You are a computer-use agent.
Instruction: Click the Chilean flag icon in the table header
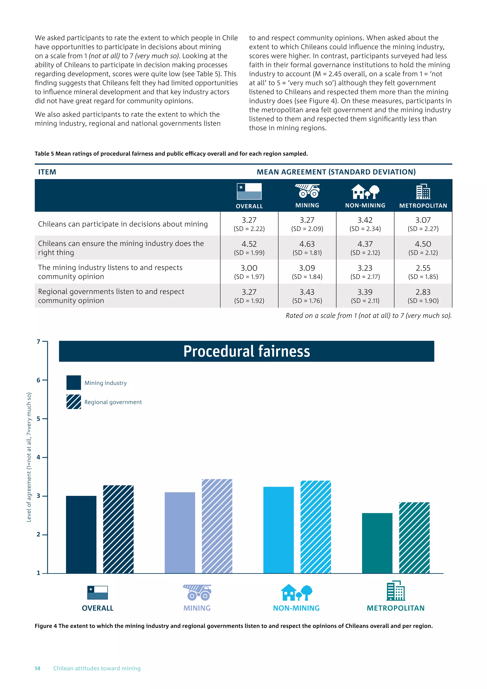[x=249, y=192]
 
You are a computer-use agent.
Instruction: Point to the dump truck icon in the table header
[x=307, y=191]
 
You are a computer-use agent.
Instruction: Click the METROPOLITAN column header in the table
[x=423, y=206]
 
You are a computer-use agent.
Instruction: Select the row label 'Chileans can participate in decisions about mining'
[x=123, y=224]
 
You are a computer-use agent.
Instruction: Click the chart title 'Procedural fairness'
[x=247, y=351]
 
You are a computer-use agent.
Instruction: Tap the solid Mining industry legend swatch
[x=74, y=383]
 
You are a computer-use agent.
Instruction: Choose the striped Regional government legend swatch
[x=74, y=402]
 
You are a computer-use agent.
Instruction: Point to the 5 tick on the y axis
[x=38, y=419]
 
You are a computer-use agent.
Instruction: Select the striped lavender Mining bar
[x=217, y=526]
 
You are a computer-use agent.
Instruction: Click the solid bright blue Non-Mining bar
[x=278, y=530]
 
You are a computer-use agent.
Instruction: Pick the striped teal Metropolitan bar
[x=414, y=537]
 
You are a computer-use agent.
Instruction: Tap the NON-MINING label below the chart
[x=296, y=608]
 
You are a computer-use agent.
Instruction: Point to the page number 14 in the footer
[x=38, y=668]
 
